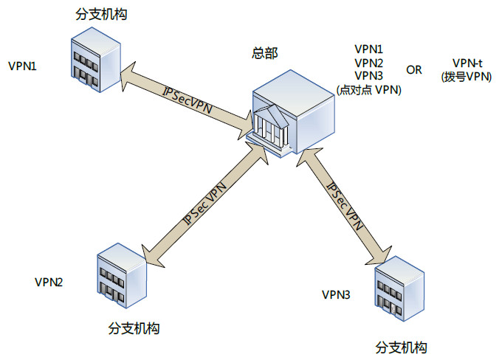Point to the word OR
[x=415, y=70]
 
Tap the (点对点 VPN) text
[x=368, y=90]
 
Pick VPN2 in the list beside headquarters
[x=368, y=63]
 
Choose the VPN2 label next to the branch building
[x=49, y=281]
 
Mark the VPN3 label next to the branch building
[x=336, y=295]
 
